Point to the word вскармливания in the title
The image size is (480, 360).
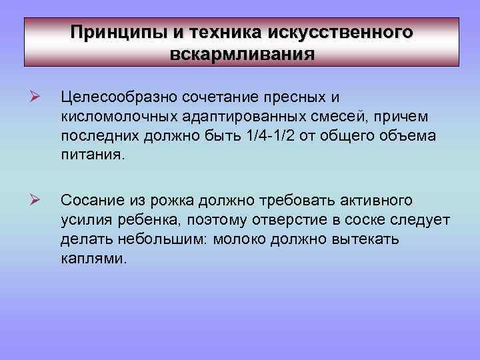point(242,53)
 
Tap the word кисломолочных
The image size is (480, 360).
point(118,117)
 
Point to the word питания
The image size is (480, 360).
point(91,156)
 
